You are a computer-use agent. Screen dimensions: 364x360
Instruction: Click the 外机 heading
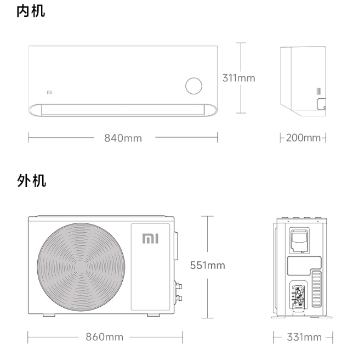point(31,181)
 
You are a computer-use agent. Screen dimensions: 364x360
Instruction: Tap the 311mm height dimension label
point(238,78)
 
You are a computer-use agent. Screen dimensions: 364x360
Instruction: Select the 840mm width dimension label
point(123,138)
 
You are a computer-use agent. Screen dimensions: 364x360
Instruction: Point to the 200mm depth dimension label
point(303,138)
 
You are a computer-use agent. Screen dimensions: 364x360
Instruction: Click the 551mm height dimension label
point(207,266)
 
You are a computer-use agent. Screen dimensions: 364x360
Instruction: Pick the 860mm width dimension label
point(104,336)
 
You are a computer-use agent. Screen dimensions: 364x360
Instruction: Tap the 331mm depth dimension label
point(304,336)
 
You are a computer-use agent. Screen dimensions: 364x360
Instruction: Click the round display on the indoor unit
point(194,86)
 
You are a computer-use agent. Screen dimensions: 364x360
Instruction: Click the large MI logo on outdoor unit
point(150,238)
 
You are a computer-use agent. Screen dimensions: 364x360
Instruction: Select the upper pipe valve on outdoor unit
point(179,285)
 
